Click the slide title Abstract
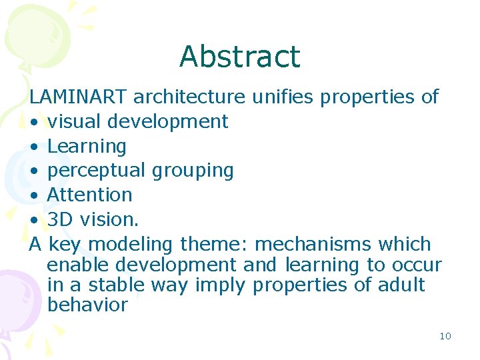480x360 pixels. tap(240, 57)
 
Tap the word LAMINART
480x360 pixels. tap(78, 97)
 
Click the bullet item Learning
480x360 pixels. tap(87, 147)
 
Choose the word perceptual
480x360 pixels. tap(97, 171)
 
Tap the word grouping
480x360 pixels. tap(193, 171)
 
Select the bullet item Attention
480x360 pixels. tap(90, 195)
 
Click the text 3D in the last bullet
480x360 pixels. tap(59, 220)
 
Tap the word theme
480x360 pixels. tap(214, 244)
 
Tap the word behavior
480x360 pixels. tap(87, 305)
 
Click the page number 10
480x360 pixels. tap(445, 336)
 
